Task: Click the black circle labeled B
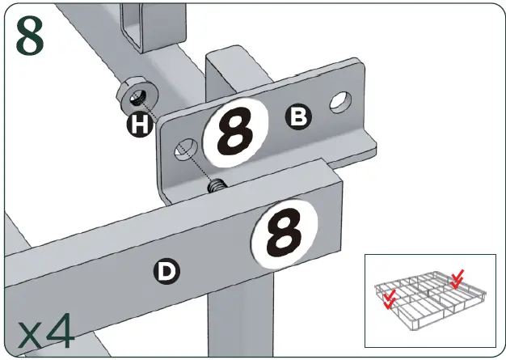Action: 298,117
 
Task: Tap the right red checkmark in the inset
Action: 457,279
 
